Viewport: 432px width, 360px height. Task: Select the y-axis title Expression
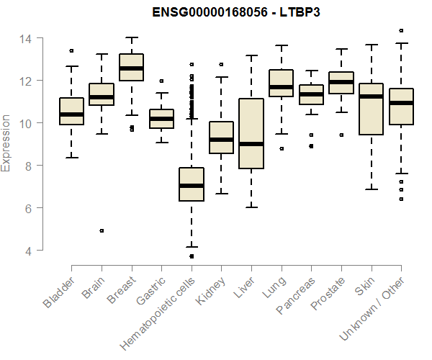pyautogui.click(x=6, y=143)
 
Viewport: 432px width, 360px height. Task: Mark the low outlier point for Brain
pyautogui.click(x=102, y=230)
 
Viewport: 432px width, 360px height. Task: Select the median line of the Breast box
pyautogui.click(x=131, y=68)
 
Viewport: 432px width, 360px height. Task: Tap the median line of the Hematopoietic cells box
pyautogui.click(x=191, y=186)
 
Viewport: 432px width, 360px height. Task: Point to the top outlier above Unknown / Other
pyautogui.click(x=401, y=31)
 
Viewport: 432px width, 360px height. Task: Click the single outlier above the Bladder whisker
pyautogui.click(x=71, y=51)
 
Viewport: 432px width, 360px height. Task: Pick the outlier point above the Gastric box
pyautogui.click(x=161, y=81)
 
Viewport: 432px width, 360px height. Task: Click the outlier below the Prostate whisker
pyautogui.click(x=341, y=135)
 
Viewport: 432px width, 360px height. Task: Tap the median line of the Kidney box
pyautogui.click(x=221, y=140)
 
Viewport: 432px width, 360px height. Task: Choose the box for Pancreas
pyautogui.click(x=311, y=95)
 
